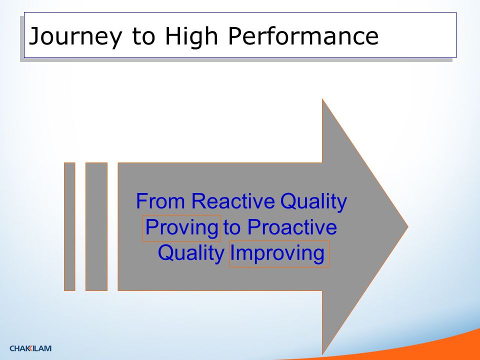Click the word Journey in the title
point(75,36)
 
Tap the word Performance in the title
point(303,35)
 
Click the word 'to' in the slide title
point(144,36)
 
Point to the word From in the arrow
point(160,201)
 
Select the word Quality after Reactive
point(313,202)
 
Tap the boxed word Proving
point(181,228)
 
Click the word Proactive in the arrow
point(292,227)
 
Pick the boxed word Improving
point(279,254)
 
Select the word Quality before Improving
point(191,254)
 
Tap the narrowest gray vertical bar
point(69,226)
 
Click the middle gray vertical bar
point(96,226)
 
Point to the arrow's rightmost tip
point(408,227)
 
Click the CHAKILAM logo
point(30,348)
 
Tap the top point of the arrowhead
point(322,99)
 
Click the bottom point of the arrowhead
point(322,354)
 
